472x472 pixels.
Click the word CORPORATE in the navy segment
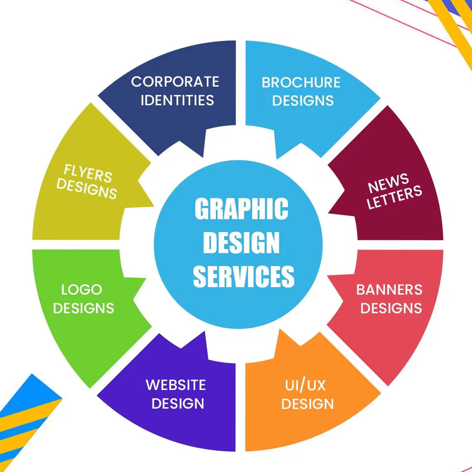[x=175, y=81]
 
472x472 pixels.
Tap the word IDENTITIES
[x=177, y=100]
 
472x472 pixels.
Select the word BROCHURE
[x=301, y=82]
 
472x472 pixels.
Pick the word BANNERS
[x=389, y=289]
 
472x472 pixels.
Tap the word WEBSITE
[x=176, y=384]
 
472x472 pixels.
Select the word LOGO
[x=82, y=289]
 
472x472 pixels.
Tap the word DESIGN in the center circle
[x=241, y=243]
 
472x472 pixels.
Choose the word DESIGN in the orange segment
[x=308, y=404]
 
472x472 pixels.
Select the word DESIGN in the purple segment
[x=177, y=404]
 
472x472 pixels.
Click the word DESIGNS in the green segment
[x=84, y=308]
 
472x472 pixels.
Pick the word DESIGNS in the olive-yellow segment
[x=87, y=189]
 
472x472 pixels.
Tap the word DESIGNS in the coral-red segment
[x=394, y=308]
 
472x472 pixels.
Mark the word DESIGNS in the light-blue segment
[x=303, y=100]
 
